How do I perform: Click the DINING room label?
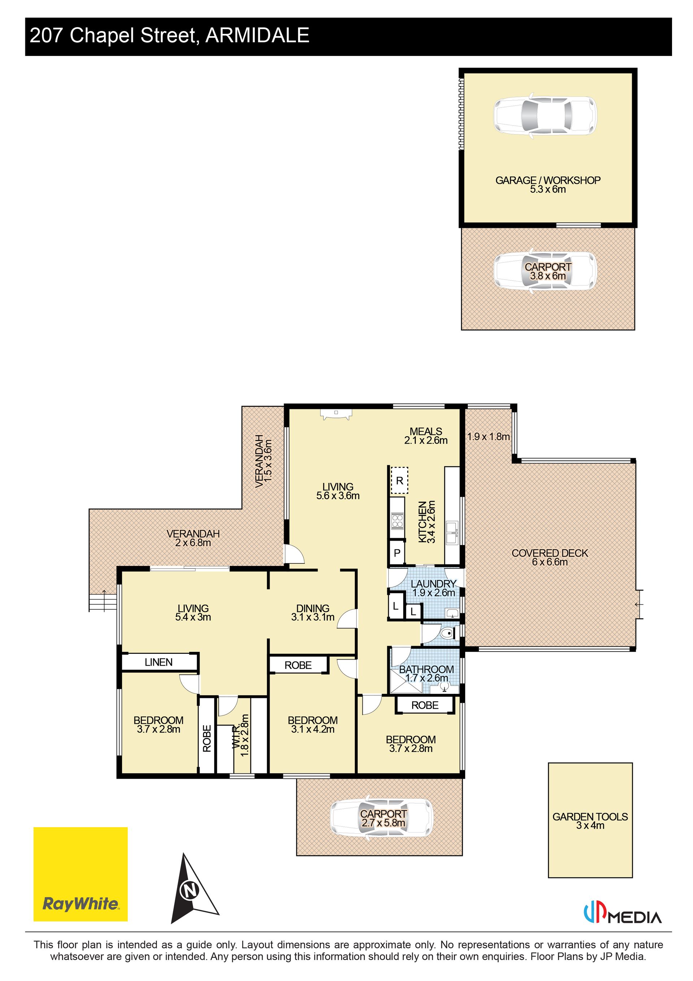click(313, 608)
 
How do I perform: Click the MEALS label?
click(426, 432)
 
